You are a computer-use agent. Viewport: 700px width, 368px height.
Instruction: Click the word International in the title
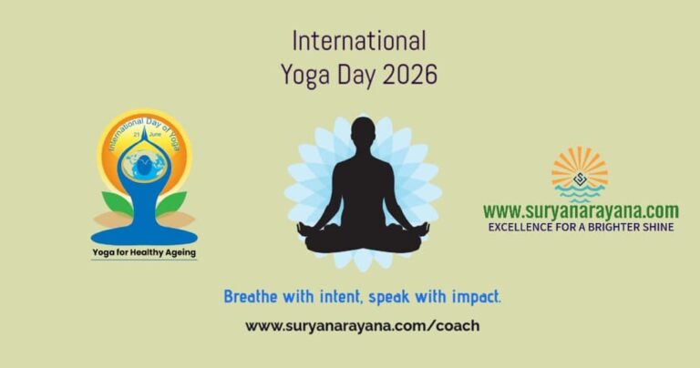pos(359,41)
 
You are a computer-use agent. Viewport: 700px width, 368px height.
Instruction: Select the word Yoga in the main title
pos(305,76)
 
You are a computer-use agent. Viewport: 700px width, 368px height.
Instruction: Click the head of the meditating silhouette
pos(363,132)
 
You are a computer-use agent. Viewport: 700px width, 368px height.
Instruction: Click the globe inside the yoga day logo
pos(144,165)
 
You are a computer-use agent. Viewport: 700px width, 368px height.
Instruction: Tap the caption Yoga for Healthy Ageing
pos(144,253)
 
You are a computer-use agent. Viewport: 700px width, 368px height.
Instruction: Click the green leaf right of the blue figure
pos(171,203)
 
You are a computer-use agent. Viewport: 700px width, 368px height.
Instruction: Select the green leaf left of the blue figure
pos(118,203)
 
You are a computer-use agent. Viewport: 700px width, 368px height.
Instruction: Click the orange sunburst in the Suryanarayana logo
pos(580,166)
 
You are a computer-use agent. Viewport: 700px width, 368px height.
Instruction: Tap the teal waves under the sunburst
pos(580,194)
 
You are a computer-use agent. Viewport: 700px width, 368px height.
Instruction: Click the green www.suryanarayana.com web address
pos(581,211)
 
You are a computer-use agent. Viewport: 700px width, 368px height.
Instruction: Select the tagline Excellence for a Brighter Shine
pos(581,227)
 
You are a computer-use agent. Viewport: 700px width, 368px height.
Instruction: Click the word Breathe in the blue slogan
pos(251,297)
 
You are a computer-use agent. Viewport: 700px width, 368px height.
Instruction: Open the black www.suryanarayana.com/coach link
pos(363,326)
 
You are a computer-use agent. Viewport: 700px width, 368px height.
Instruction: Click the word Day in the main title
pos(356,76)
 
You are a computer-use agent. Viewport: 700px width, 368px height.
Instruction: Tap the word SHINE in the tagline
pos(657,227)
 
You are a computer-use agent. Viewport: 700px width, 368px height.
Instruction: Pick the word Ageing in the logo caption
pos(180,253)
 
